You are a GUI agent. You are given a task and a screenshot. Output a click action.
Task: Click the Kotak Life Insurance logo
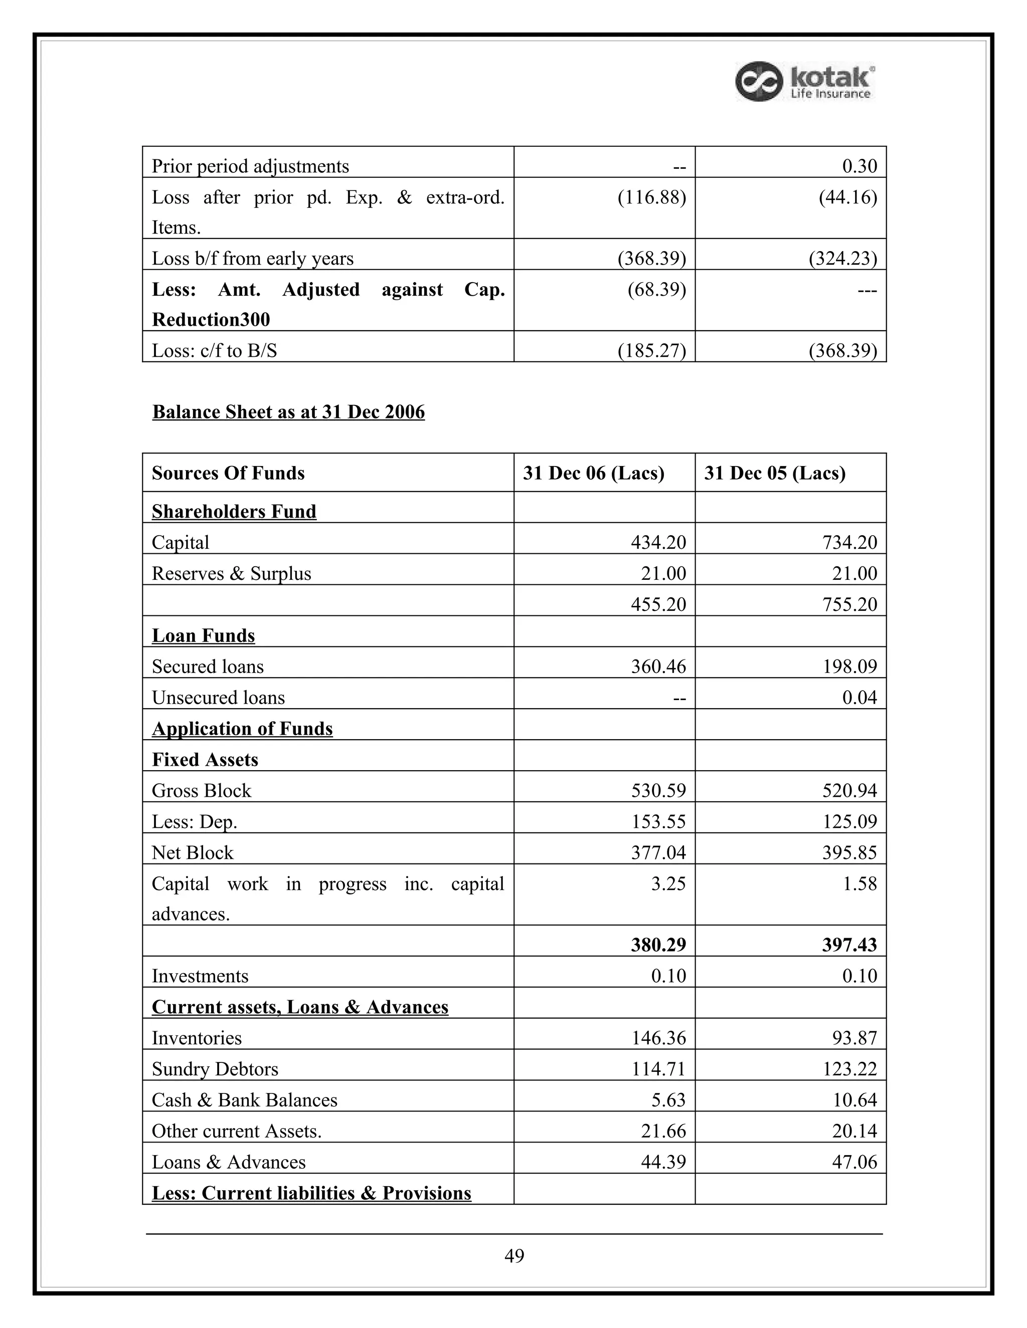(x=805, y=82)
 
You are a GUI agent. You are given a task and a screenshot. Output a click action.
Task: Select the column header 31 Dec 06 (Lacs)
(x=593, y=473)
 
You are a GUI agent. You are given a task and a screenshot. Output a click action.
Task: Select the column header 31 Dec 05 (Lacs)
(x=774, y=473)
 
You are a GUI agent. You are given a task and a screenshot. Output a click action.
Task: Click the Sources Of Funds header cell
(x=228, y=473)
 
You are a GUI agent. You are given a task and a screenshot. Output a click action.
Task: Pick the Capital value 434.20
(x=658, y=542)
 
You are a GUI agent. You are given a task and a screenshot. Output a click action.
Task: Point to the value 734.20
(x=849, y=542)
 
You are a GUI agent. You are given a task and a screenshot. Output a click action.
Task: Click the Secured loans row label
(x=208, y=667)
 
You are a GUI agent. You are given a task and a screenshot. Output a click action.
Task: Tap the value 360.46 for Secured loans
(x=658, y=667)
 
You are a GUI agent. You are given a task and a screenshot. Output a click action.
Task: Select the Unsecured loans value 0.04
(x=859, y=698)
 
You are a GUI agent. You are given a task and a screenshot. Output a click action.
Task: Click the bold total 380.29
(x=658, y=944)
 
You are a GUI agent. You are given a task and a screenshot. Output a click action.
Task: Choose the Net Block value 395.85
(x=849, y=852)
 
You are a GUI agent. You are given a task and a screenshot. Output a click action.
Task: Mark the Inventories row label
(x=197, y=1038)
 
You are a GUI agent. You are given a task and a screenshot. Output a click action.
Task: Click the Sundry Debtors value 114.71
(x=658, y=1069)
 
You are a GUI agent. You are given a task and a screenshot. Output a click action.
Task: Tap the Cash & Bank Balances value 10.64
(x=854, y=1100)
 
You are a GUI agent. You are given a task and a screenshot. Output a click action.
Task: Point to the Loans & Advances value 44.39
(x=662, y=1162)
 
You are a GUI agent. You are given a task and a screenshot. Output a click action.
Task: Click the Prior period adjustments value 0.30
(x=859, y=166)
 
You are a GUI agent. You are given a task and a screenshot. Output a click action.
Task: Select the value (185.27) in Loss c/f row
(x=651, y=351)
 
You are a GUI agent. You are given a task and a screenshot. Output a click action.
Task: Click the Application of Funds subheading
(x=242, y=729)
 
